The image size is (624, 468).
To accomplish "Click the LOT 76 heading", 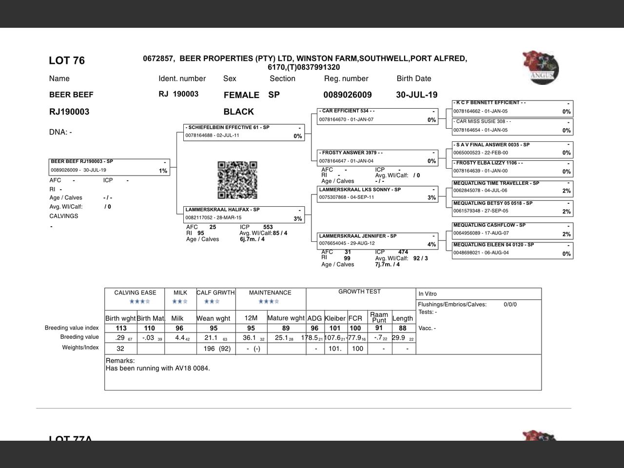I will [67, 60].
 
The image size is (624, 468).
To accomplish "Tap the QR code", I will [237, 180].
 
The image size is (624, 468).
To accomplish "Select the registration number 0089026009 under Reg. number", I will [347, 95].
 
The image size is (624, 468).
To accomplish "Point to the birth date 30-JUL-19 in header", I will [416, 95].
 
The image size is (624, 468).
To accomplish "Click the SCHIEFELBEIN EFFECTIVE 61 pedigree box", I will [244, 132].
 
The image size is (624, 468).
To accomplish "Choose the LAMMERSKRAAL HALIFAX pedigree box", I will [244, 214].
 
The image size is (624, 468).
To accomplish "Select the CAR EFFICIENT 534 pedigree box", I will [377, 116].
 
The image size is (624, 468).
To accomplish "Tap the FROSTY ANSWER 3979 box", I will [377, 157].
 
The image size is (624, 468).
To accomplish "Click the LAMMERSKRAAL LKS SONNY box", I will [377, 194].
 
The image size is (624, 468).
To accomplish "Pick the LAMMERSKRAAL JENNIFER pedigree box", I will [377, 240].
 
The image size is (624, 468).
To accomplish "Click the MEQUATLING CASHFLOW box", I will [512, 230].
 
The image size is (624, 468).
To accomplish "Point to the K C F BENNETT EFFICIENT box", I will [512, 107].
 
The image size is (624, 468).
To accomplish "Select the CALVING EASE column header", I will [135, 292].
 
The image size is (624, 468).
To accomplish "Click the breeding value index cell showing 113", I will [121, 328].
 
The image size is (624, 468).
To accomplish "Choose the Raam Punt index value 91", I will [379, 328].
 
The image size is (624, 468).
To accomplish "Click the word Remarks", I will [120, 361].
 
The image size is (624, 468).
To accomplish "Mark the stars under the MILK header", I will [180, 302].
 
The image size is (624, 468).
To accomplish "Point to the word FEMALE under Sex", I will [241, 95].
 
